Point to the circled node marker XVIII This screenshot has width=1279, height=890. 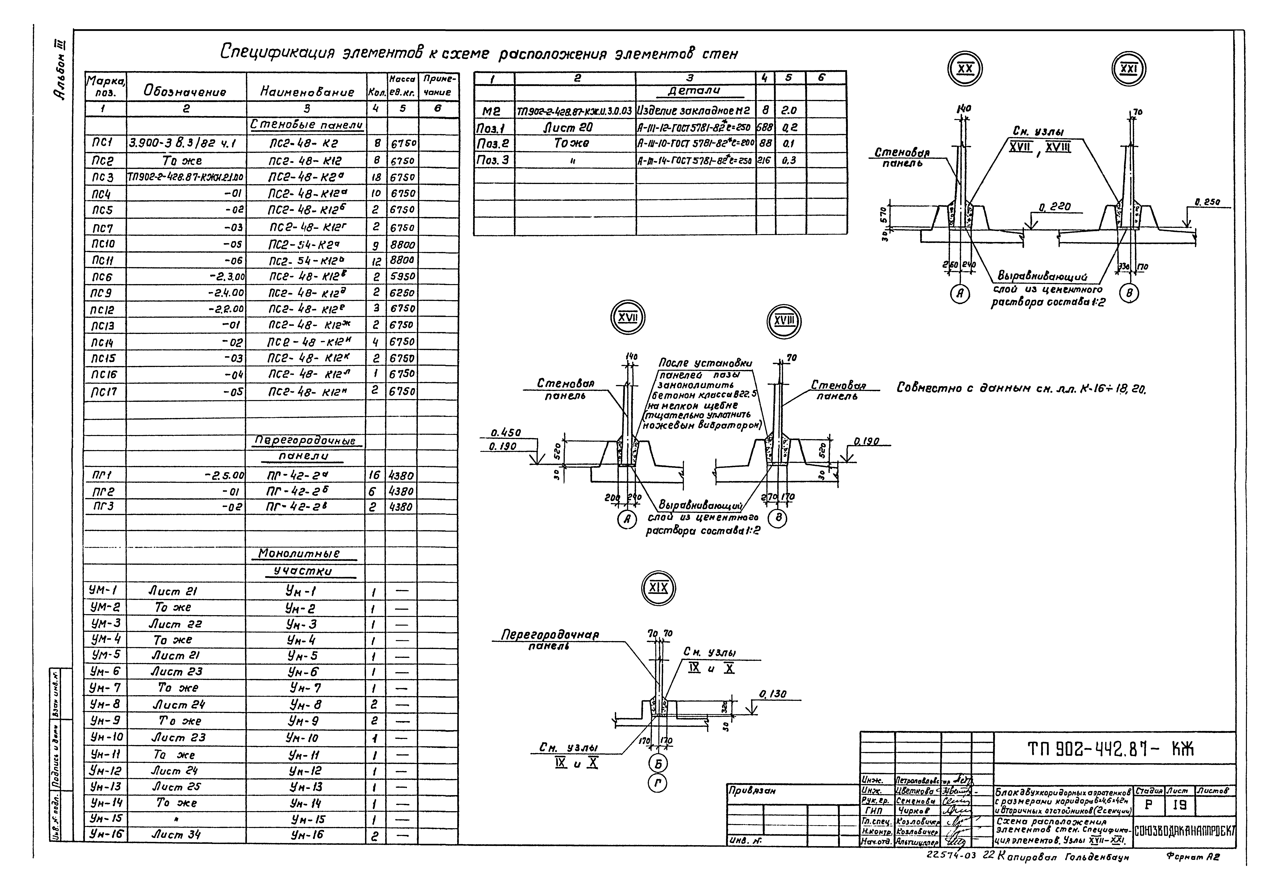tap(784, 321)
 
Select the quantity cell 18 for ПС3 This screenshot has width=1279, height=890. tap(376, 177)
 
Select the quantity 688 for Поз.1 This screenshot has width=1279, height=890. tap(765, 128)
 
